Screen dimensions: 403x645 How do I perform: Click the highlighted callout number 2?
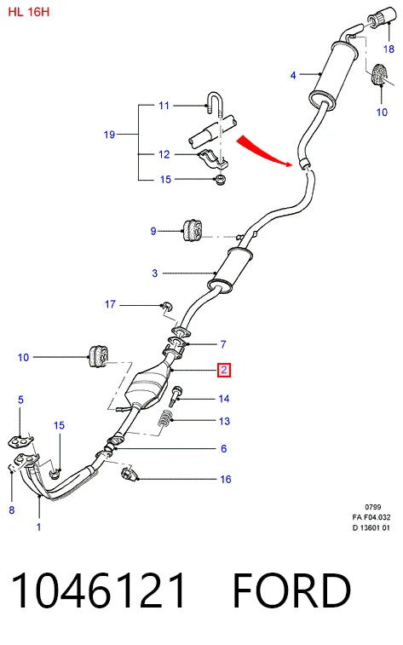(224, 370)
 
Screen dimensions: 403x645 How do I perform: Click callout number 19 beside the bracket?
(109, 135)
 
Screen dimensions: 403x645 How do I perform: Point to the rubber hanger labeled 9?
(193, 231)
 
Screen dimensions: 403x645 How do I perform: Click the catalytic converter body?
(147, 388)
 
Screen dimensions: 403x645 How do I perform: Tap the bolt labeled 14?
(176, 395)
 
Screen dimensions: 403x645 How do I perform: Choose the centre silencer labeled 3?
(230, 270)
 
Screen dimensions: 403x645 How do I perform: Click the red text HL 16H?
(29, 12)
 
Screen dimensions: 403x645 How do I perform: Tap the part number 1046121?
(98, 590)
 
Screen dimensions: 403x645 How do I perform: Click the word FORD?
(292, 590)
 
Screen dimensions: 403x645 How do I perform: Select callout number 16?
(225, 479)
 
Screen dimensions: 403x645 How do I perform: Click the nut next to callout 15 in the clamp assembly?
(221, 180)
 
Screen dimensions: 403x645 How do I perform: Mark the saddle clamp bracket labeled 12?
(213, 160)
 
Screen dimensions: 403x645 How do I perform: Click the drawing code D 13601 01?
(371, 527)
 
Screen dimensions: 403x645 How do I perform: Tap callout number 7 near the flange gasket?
(223, 344)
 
